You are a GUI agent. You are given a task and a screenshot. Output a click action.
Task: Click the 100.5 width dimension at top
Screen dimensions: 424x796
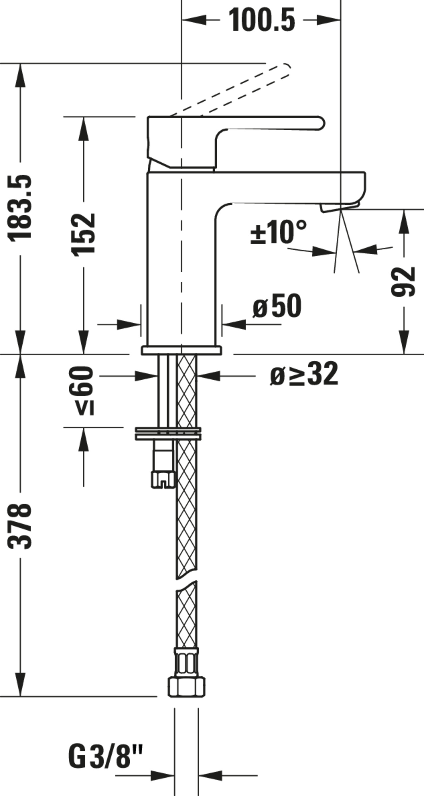(x=261, y=20)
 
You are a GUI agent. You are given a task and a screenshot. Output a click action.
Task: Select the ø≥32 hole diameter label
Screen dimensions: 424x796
(x=304, y=374)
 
